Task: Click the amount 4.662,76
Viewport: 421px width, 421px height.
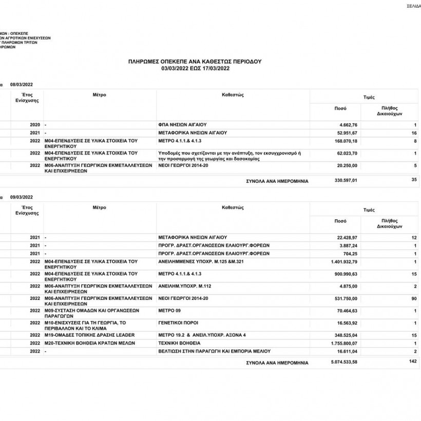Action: click(348, 125)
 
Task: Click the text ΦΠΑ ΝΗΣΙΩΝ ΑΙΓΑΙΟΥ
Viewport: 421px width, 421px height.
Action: click(182, 125)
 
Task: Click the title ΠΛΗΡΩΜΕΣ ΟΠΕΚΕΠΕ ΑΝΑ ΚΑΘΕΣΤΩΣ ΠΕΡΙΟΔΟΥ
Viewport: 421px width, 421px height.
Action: click(195, 61)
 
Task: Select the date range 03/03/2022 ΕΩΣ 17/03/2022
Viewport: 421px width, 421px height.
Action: click(195, 68)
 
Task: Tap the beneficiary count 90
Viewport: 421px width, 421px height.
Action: click(413, 298)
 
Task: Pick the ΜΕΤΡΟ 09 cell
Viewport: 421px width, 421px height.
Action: click(169, 310)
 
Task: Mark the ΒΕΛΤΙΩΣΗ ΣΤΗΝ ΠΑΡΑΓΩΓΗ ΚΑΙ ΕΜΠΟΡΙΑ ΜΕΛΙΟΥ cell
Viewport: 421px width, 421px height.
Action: click(214, 351)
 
